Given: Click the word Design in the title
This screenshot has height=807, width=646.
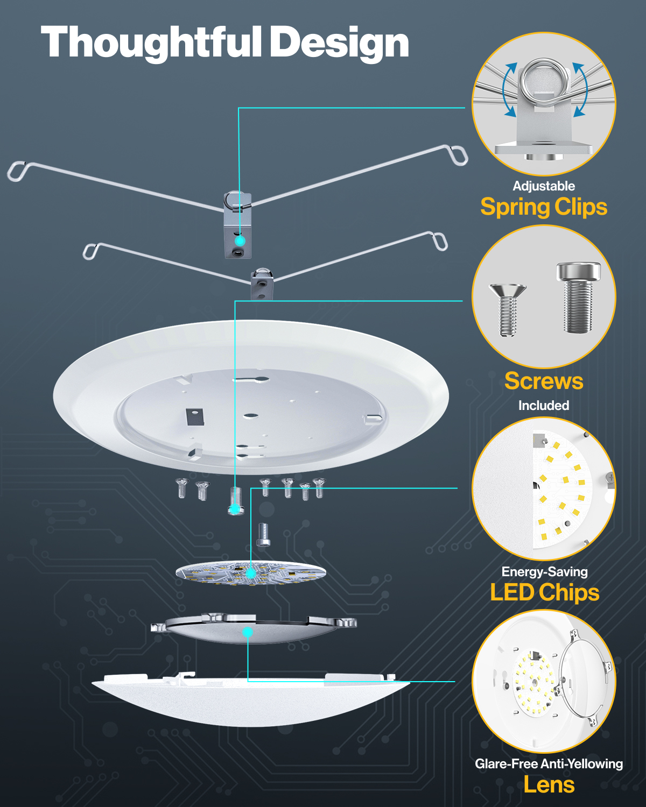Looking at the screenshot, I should point(339,43).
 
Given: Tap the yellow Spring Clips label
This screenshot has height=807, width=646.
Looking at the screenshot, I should point(544,207).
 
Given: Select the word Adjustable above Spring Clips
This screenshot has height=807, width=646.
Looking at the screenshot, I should point(544,186).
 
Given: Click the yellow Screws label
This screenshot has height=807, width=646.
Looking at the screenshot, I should point(544,381).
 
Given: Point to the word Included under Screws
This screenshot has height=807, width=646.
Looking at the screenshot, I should point(544,406).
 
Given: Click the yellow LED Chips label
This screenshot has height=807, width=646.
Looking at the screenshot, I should point(544,592).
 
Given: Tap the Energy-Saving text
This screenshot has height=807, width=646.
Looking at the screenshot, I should point(544,572).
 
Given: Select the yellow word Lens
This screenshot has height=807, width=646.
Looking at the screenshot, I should point(549,785).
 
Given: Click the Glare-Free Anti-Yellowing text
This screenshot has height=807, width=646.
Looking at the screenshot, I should point(549,764).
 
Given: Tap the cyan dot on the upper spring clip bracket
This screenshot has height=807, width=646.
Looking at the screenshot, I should point(240,240).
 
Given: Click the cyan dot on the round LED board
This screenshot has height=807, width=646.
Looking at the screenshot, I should point(250,574).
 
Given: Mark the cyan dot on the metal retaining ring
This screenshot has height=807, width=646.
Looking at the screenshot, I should point(248,632).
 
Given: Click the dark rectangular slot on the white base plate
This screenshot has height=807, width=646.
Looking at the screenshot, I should point(195,416).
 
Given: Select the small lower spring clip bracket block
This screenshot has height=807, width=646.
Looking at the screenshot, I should point(262,285).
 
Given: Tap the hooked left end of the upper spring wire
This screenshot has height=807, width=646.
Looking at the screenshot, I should point(16,172).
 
